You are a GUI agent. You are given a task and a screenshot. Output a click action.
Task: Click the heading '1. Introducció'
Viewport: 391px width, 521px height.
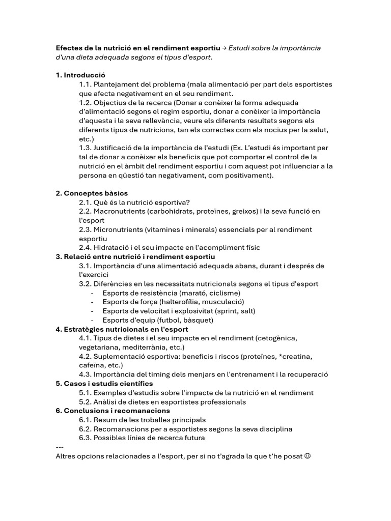80,75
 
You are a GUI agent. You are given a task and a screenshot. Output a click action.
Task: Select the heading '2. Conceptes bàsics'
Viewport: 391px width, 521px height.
92,193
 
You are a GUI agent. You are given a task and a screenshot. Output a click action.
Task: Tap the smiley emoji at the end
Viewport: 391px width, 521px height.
307,455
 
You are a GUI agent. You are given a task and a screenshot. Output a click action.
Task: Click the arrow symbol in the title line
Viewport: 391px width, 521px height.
224,48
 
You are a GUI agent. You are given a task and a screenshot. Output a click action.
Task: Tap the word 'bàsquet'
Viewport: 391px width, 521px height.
199,321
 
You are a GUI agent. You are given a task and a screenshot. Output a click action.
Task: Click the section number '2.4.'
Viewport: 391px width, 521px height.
86,248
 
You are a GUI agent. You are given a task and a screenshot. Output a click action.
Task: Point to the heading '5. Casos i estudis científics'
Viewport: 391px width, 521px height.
104,384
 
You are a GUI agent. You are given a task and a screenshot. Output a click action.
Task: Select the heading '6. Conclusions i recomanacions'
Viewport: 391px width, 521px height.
113,411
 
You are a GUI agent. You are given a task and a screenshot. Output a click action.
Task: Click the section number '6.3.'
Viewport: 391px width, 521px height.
86,438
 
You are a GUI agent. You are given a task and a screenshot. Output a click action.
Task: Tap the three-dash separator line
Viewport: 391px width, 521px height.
59,447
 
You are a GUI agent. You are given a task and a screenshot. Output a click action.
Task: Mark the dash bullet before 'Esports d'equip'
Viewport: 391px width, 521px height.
92,321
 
